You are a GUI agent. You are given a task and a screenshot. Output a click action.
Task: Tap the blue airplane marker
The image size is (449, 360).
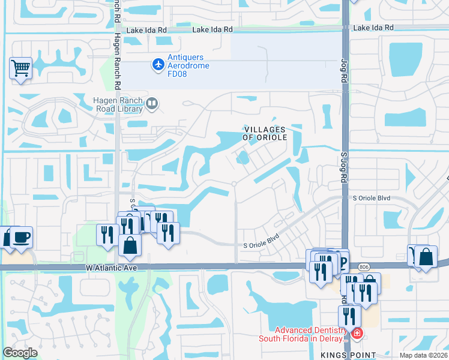158,64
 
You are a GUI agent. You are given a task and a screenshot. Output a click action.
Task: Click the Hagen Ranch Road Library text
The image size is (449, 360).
119,104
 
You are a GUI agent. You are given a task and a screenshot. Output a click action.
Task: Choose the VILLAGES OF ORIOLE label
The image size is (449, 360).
265,133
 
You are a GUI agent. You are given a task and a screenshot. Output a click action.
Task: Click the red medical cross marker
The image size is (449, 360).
357,332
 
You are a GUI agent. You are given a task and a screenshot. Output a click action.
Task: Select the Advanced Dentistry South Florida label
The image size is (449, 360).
310,334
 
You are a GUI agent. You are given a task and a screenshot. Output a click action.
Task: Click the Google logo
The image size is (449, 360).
20,353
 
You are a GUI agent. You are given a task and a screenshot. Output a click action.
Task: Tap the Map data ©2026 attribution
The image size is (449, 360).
423,355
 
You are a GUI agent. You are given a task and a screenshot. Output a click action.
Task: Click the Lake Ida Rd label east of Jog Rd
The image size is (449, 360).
373,28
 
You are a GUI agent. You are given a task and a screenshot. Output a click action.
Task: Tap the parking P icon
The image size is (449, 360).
342,261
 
